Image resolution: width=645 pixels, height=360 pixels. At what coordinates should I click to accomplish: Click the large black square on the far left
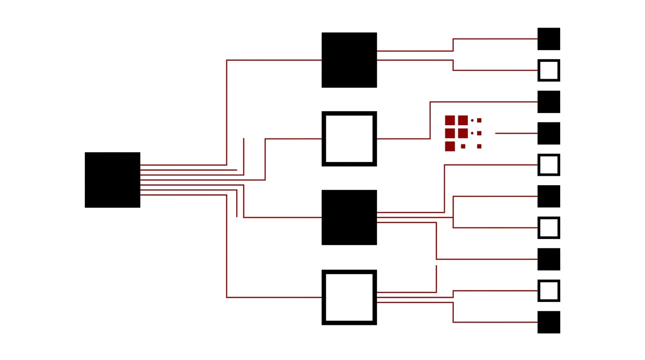pyautogui.click(x=112, y=180)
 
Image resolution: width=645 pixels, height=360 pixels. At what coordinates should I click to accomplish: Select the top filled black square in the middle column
pyautogui.click(x=349, y=60)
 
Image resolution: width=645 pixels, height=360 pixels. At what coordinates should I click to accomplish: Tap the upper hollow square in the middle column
pyautogui.click(x=349, y=139)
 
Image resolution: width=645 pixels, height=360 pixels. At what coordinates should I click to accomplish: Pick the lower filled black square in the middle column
pyautogui.click(x=349, y=217)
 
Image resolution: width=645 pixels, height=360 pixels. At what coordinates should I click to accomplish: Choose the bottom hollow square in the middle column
pyautogui.click(x=349, y=297)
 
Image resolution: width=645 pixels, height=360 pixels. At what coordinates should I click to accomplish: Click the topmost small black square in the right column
pyautogui.click(x=548, y=39)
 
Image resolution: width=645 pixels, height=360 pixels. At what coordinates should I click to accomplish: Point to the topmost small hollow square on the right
pyautogui.click(x=548, y=70)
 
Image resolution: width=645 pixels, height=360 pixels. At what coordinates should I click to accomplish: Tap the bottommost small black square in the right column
pyautogui.click(x=548, y=322)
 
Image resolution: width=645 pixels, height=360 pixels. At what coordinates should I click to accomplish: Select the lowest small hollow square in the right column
pyautogui.click(x=548, y=291)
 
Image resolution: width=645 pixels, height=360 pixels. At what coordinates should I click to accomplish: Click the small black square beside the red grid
pyautogui.click(x=548, y=133)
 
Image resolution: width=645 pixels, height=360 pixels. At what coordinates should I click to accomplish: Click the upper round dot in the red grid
pyautogui.click(x=472, y=120)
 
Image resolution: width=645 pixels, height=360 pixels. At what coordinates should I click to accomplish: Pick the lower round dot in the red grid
pyautogui.click(x=472, y=133)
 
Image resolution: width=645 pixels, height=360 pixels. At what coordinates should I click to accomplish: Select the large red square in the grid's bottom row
pyautogui.click(x=450, y=146)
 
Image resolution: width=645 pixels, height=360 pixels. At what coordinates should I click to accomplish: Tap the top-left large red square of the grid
pyautogui.click(x=450, y=120)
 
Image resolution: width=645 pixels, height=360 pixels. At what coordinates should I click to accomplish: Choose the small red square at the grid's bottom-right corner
pyautogui.click(x=479, y=146)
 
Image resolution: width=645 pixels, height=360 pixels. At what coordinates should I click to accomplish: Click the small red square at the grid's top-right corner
pyautogui.click(x=479, y=120)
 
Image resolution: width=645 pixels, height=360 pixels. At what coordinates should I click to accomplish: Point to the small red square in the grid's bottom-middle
pyautogui.click(x=463, y=146)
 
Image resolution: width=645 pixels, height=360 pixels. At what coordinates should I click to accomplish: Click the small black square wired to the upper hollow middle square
pyautogui.click(x=548, y=102)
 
